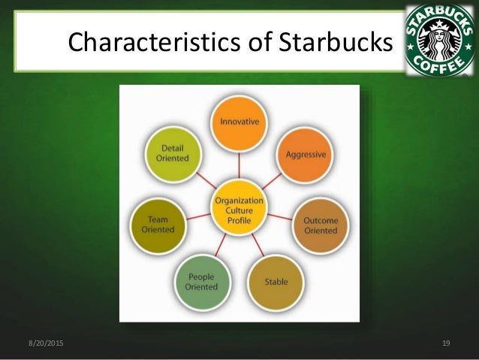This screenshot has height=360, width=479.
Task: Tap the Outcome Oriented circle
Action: point(321,225)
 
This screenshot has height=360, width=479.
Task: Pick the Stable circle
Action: point(276,282)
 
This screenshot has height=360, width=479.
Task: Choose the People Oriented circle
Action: point(201,282)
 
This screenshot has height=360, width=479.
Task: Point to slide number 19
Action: point(446,343)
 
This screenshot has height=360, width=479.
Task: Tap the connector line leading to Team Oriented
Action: point(197,217)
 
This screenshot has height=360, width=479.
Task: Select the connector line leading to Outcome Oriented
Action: point(279,217)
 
